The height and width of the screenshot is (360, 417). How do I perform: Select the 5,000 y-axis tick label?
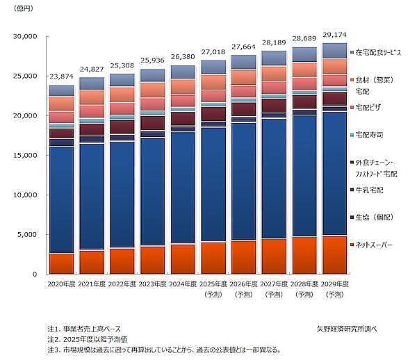26,235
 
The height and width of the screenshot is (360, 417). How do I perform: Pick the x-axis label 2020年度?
61,285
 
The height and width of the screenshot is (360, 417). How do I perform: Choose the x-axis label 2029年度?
334,285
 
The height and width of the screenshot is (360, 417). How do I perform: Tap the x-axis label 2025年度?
213,285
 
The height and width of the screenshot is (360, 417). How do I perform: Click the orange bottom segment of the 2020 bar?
61,263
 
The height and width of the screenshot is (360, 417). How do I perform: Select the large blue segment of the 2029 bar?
334,174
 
